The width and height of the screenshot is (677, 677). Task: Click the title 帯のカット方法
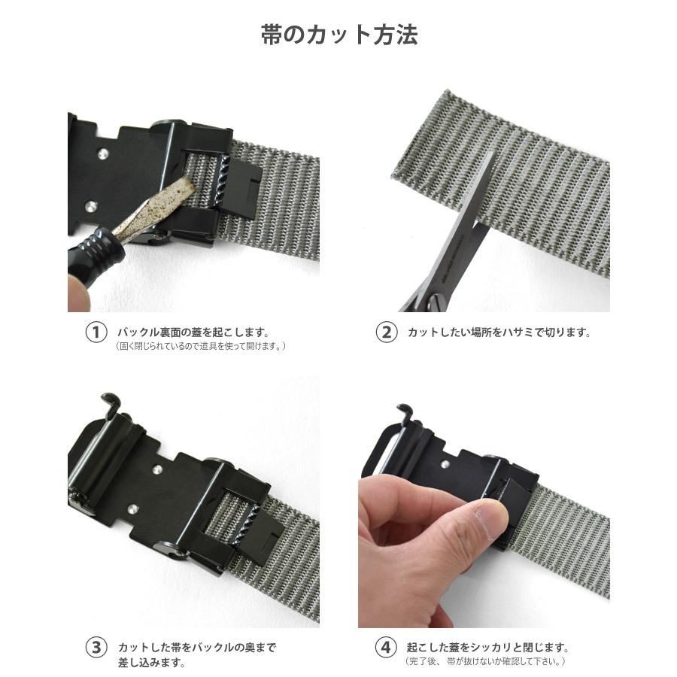[339, 35]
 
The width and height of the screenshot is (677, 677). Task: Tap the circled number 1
[96, 332]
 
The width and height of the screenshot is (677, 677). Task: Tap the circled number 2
[386, 332]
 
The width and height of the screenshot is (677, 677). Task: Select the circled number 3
[96, 648]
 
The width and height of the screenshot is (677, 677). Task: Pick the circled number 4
[386, 647]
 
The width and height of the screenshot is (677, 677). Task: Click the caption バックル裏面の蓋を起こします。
[194, 332]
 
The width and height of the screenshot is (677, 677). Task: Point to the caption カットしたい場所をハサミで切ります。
[499, 332]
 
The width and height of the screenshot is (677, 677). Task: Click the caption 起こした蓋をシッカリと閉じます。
[488, 648]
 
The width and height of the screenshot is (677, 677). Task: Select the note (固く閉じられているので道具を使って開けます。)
[200, 346]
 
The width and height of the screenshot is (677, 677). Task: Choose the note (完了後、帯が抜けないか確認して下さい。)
[485, 661]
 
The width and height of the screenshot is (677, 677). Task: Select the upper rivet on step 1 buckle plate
[102, 153]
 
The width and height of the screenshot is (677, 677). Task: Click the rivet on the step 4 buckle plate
[445, 465]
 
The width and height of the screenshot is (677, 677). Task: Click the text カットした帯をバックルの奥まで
[197, 648]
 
